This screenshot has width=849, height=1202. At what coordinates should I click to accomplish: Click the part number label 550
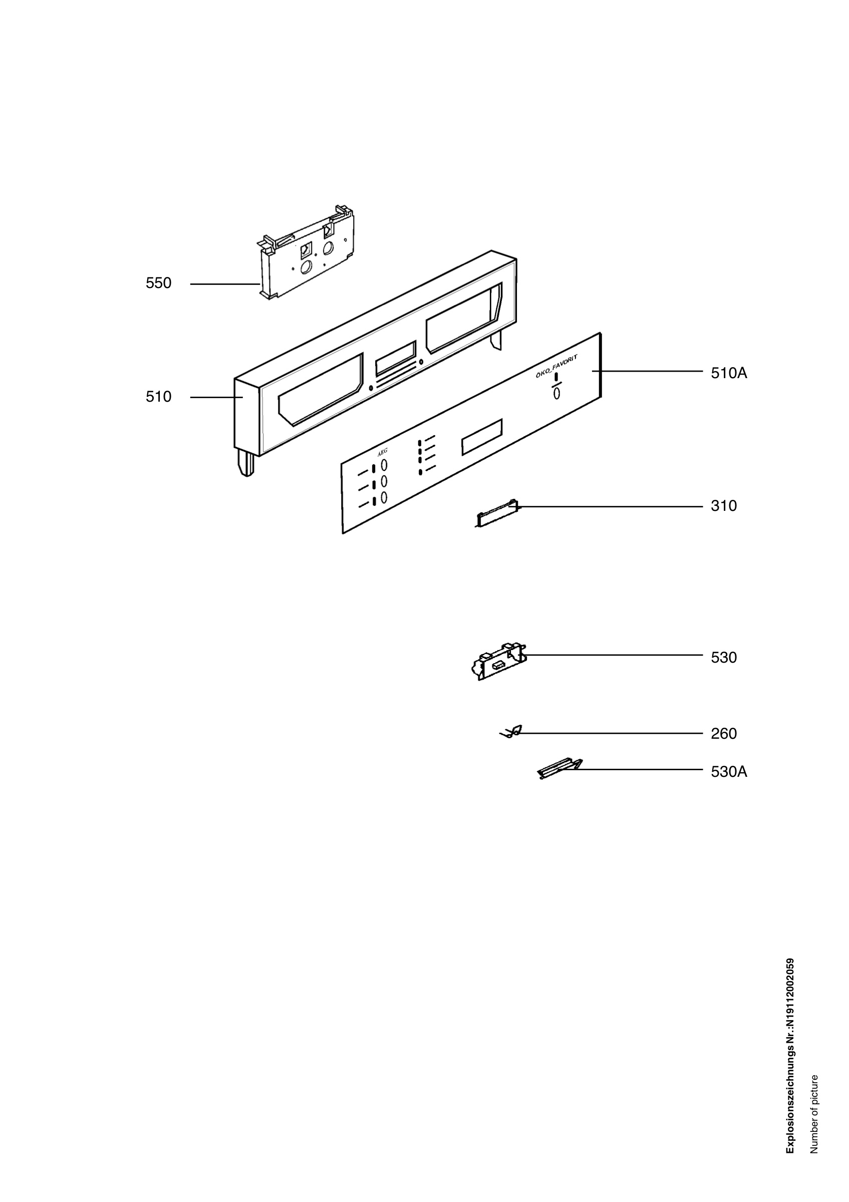pyautogui.click(x=159, y=283)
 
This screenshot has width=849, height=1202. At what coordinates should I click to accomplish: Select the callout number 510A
pyautogui.click(x=729, y=373)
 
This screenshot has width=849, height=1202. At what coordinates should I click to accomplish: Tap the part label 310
pyautogui.click(x=723, y=506)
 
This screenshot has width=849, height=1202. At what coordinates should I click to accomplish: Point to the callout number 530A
pyautogui.click(x=729, y=772)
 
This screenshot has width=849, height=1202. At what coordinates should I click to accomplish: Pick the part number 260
pyautogui.click(x=723, y=733)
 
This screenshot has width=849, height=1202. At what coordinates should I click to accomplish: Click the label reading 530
pyautogui.click(x=723, y=657)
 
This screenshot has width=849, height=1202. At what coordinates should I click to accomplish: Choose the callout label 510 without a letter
pyautogui.click(x=159, y=397)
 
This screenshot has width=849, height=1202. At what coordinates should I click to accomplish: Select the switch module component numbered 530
pyautogui.click(x=499, y=662)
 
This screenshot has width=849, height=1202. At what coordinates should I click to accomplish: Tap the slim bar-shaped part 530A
pyautogui.click(x=559, y=769)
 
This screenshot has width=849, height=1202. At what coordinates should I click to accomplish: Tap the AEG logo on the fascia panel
pyautogui.click(x=383, y=452)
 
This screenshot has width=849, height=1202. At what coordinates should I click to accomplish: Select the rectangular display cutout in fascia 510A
pyautogui.click(x=481, y=436)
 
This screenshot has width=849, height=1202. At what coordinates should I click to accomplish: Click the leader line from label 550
pyautogui.click(x=225, y=284)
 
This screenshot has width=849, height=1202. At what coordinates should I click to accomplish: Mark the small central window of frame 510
pyautogui.click(x=396, y=356)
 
